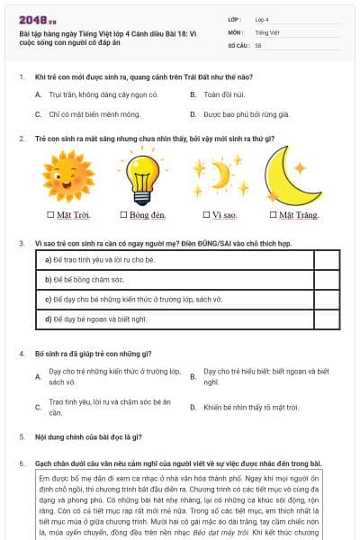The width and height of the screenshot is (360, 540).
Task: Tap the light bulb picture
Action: click(141, 175)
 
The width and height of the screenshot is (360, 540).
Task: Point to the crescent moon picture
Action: click(292, 176)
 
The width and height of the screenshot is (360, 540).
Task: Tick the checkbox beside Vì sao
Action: click(204, 215)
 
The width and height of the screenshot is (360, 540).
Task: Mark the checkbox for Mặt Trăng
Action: click(272, 215)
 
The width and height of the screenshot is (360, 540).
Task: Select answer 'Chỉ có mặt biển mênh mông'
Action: click(89, 114)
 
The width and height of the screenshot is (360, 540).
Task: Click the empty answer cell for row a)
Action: click(326, 259)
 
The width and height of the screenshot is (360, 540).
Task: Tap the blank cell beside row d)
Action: click(326, 318)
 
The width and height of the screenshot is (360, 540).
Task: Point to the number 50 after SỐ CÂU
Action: click(258, 44)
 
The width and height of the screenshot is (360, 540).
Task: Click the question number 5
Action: click(22, 436)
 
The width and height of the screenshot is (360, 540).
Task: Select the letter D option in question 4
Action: click(193, 407)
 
